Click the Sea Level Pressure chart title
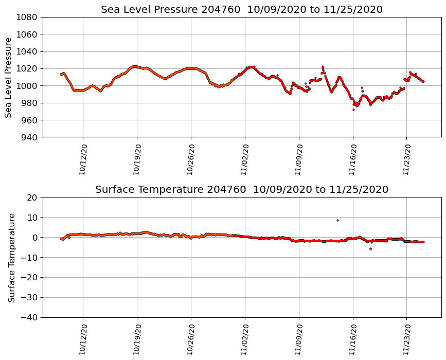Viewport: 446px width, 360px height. coord(242,9)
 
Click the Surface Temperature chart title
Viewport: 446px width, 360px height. coord(242,190)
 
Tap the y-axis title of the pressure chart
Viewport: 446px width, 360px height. coord(8,77)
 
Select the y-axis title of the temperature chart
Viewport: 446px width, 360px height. coord(11,257)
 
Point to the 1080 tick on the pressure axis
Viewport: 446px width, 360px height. coord(26,17)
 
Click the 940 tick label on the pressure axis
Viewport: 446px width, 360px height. coord(28,137)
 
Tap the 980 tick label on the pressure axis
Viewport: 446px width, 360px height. coord(28,103)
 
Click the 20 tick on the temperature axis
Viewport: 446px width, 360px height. coord(32,197)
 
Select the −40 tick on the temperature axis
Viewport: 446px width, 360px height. coord(29,317)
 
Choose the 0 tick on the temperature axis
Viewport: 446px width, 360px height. coord(34,238)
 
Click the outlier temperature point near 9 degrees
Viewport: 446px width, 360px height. coord(337,220)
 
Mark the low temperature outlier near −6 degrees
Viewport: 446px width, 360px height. coord(370,249)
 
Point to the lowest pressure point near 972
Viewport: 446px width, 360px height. coord(353,110)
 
